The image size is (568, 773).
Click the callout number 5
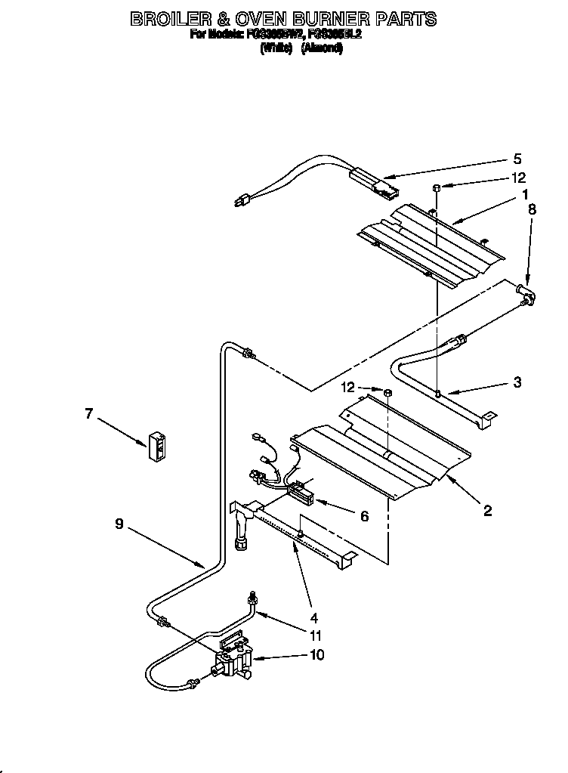pyautogui.click(x=517, y=159)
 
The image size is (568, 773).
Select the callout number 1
pyautogui.click(x=524, y=194)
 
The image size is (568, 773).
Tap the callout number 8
pyautogui.click(x=532, y=211)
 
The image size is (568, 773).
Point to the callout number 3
pyautogui.click(x=517, y=382)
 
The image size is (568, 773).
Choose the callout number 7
pyautogui.click(x=89, y=413)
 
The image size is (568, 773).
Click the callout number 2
pyautogui.click(x=487, y=512)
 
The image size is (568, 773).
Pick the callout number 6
pyautogui.click(x=364, y=516)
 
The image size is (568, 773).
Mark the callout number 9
pyautogui.click(x=119, y=523)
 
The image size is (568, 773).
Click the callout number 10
pyautogui.click(x=317, y=654)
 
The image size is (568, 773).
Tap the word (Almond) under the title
pyautogui.click(x=323, y=48)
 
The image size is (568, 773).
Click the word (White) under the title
pyautogui.click(x=276, y=48)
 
